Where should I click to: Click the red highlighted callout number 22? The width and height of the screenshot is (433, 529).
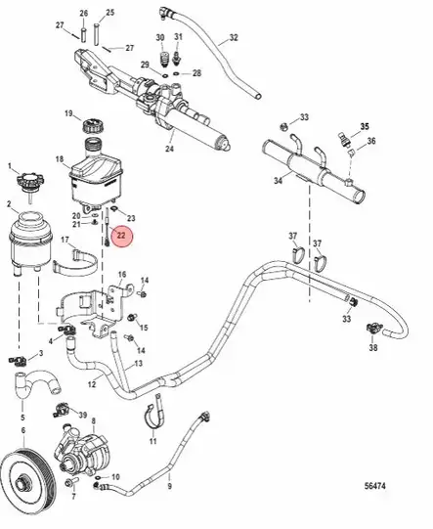pyautogui.click(x=122, y=235)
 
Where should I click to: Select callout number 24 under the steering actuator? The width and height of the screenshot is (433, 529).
pyautogui.click(x=170, y=149)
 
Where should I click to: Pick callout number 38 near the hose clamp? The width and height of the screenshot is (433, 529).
pyautogui.click(x=373, y=346)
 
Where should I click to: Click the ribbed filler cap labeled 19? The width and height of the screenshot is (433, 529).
pyautogui.click(x=95, y=125)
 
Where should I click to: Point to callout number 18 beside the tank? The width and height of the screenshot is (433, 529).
pyautogui.click(x=59, y=158)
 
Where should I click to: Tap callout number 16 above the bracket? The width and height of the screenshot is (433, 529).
pyautogui.click(x=122, y=276)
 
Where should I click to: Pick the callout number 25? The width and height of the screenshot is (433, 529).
pyautogui.click(x=109, y=13)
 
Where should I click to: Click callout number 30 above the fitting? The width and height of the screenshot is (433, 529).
pyautogui.click(x=161, y=37)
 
